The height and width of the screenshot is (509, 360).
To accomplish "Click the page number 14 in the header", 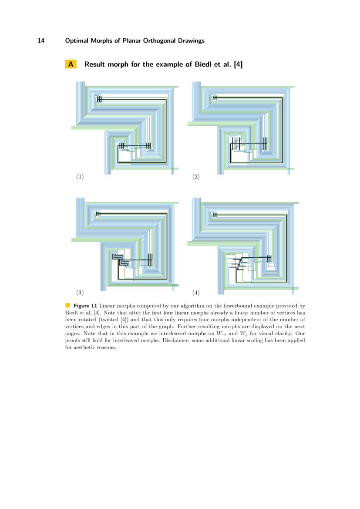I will [x=41, y=41].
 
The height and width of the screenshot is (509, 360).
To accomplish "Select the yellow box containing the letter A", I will [x=71, y=64].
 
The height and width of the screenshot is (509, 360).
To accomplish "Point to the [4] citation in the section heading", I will [x=238, y=64].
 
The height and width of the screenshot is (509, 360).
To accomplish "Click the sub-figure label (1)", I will [x=80, y=177].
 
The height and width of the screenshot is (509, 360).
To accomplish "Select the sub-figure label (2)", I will [x=196, y=177].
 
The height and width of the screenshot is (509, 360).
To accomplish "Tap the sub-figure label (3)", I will [x=80, y=292].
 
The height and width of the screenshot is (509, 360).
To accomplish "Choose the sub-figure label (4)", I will [x=196, y=292].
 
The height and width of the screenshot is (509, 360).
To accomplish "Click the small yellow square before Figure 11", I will [x=67, y=304].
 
